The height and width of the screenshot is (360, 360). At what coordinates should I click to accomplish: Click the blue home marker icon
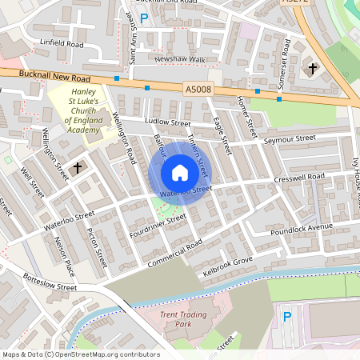[x=180, y=173]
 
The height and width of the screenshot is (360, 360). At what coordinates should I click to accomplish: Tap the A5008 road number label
[x=197, y=90]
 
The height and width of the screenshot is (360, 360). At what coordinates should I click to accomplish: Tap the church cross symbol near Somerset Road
[x=312, y=70]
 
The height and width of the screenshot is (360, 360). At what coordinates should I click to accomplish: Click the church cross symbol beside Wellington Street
[x=78, y=168]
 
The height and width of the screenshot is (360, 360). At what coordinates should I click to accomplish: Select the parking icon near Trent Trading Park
[x=287, y=317]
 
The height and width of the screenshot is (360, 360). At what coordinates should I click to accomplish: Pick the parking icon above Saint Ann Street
[x=144, y=18]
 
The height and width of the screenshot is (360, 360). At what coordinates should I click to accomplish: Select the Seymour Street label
[x=289, y=139]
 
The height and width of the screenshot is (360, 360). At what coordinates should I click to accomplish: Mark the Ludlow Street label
[x=167, y=122]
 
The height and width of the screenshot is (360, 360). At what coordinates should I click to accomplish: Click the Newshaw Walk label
[x=180, y=59]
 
